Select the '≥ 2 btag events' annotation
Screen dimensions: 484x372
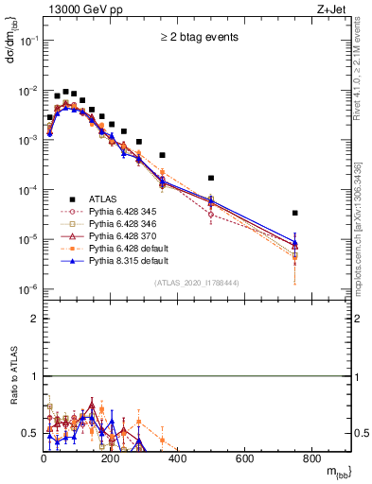pyautogui.click(x=198, y=38)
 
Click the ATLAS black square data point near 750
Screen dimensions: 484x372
pyautogui.click(x=295, y=213)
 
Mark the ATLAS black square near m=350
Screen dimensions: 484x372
pyautogui.click(x=162, y=154)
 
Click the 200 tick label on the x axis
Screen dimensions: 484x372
pyautogui.click(x=111, y=459)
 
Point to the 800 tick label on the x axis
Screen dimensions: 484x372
pyautogui.click(x=311, y=459)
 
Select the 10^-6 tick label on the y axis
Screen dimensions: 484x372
pyautogui.click(x=28, y=289)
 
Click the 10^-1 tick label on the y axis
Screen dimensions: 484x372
pyautogui.click(x=28, y=41)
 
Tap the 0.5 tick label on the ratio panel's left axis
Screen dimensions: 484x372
pyautogui.click(x=30, y=433)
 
